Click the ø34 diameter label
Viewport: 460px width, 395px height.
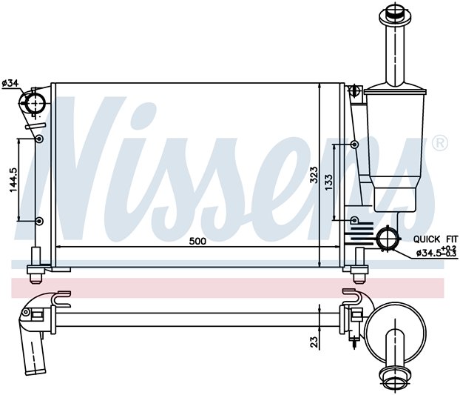(10, 84)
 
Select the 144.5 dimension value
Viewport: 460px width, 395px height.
(13, 180)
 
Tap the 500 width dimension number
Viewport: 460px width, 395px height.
(197, 242)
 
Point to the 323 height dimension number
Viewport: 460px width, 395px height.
(314, 175)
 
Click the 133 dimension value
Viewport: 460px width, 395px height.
(328, 182)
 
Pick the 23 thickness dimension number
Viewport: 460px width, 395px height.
(314, 342)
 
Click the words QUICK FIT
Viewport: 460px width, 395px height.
(436, 239)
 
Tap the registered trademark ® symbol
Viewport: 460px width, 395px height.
(440, 143)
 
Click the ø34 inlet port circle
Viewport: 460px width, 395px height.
(35, 102)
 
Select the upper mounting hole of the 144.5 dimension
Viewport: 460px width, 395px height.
(39, 139)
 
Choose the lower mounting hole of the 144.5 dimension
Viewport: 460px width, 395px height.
(39, 221)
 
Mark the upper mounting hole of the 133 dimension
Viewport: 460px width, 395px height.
(355, 145)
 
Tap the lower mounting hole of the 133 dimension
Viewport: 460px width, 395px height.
(355, 220)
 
